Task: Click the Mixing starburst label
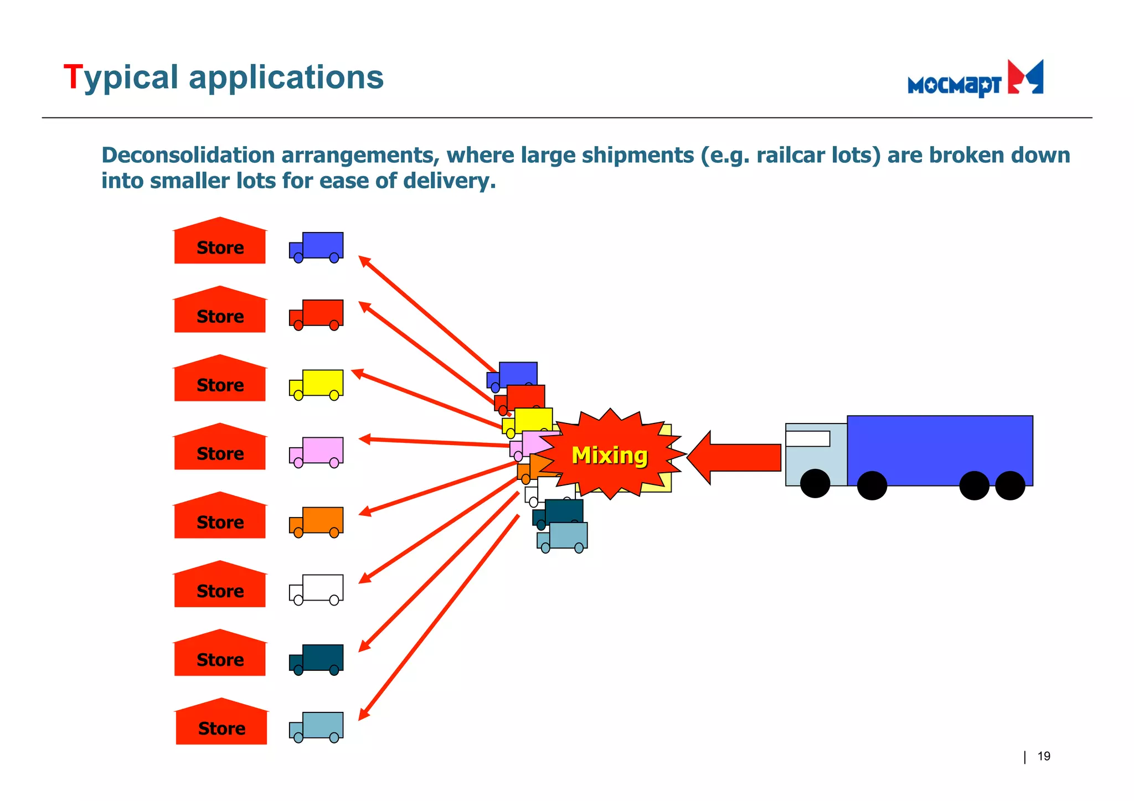point(609,455)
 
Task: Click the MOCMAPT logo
point(975,80)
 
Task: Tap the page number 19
point(1043,756)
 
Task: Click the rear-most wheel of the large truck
point(1010,485)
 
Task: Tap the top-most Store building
point(220,243)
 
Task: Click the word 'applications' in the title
point(286,77)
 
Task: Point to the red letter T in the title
point(73,77)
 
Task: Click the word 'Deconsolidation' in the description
point(188,156)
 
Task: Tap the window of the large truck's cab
point(807,438)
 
